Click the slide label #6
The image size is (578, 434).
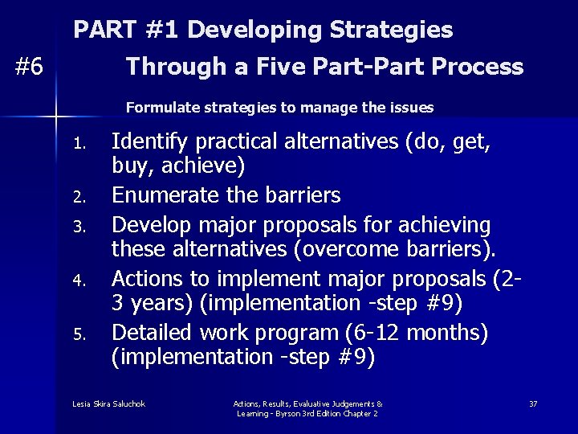30,68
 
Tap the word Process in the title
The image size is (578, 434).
477,67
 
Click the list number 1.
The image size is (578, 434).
78,145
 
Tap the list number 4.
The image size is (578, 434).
78,280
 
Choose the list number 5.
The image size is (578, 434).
78,334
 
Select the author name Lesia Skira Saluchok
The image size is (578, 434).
108,403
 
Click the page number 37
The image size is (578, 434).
533,403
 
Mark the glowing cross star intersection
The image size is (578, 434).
56,117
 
